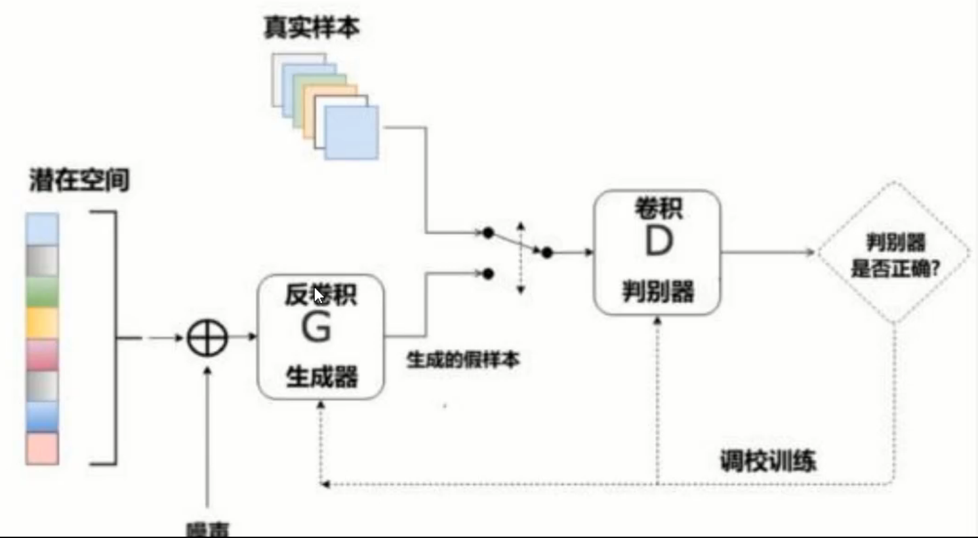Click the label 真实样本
312,28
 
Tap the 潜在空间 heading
79,180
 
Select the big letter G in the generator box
316,327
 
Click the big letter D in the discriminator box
659,241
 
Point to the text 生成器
321,377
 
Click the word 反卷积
321,295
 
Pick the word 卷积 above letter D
658,209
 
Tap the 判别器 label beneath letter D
658,291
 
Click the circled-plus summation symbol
207,339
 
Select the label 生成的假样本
463,360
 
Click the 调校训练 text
767,461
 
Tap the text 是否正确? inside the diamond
895,269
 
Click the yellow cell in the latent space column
43,323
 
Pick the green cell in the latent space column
43,292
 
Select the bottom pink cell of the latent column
43,449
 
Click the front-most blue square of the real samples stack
352,133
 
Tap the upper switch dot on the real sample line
488,232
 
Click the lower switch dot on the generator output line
488,274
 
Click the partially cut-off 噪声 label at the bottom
208,529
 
